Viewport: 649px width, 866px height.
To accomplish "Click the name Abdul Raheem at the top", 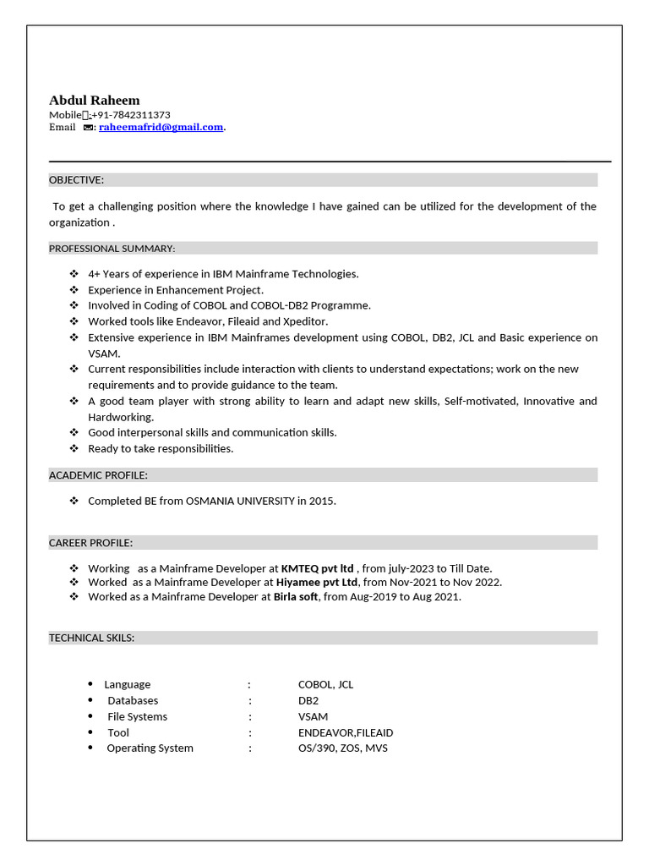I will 94,100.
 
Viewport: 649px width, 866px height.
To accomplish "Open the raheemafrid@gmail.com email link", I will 161,128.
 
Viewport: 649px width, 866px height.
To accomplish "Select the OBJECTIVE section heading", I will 77,180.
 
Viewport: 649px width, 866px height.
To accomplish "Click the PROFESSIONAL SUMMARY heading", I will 112,248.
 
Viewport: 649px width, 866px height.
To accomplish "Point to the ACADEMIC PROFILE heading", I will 98,475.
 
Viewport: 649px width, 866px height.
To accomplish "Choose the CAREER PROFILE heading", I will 90,543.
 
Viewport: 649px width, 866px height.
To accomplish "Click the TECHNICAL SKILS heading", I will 91,638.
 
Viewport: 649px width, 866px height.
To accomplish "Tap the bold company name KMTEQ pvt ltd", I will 317,568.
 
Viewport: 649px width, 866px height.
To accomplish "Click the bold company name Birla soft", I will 296,597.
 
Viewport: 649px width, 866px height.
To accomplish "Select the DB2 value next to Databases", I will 308,700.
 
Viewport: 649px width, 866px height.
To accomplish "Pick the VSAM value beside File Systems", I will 313,716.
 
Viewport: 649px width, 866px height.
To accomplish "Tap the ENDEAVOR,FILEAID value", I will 345,732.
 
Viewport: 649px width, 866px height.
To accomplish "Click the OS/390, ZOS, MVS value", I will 342,748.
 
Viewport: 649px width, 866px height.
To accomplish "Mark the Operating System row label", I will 150,748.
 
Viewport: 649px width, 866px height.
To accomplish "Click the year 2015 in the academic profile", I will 321,501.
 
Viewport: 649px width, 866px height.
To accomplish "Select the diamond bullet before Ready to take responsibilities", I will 74,449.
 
